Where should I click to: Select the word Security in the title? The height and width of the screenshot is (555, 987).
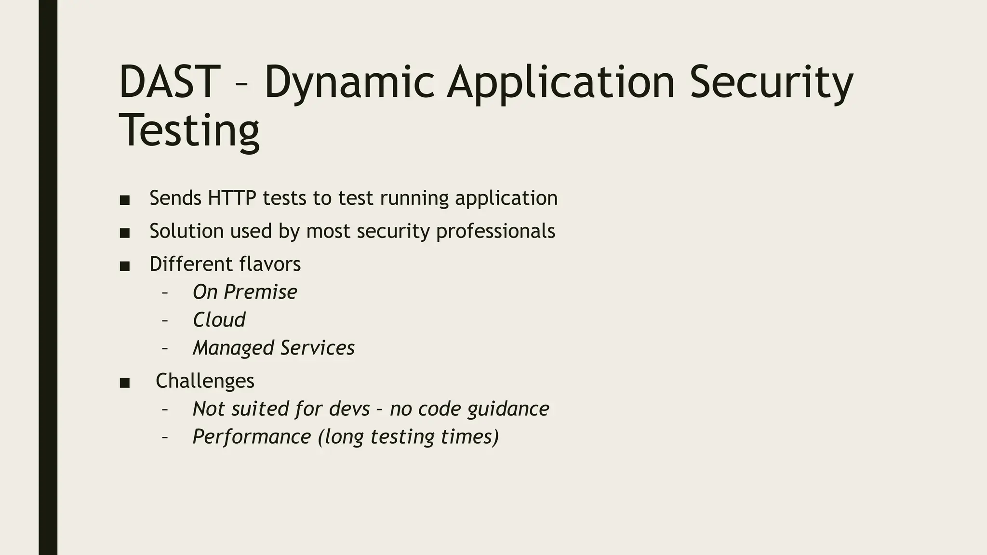point(771,83)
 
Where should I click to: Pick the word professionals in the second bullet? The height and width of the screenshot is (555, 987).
point(495,231)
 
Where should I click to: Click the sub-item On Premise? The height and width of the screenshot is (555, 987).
point(245,292)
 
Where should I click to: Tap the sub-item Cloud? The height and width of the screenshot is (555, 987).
point(219,320)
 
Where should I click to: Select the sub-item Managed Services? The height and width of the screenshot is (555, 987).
point(273,348)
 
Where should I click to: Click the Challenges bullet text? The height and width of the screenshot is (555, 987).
point(205,381)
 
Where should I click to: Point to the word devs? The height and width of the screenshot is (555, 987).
point(349,409)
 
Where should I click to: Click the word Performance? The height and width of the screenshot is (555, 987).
point(252,436)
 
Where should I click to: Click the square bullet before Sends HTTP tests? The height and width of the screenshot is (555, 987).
point(125,200)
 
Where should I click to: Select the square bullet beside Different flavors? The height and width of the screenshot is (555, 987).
point(125,266)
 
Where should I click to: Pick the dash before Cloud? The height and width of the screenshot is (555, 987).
point(165,320)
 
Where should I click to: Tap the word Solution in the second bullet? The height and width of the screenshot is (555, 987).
point(186,231)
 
